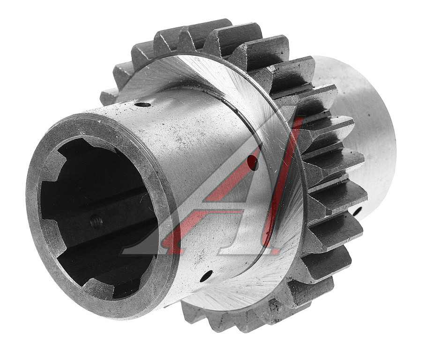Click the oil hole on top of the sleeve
click(x=143, y=105)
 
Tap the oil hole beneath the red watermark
click(x=253, y=163)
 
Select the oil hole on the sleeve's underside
click(x=206, y=276)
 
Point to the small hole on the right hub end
click(x=358, y=210)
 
